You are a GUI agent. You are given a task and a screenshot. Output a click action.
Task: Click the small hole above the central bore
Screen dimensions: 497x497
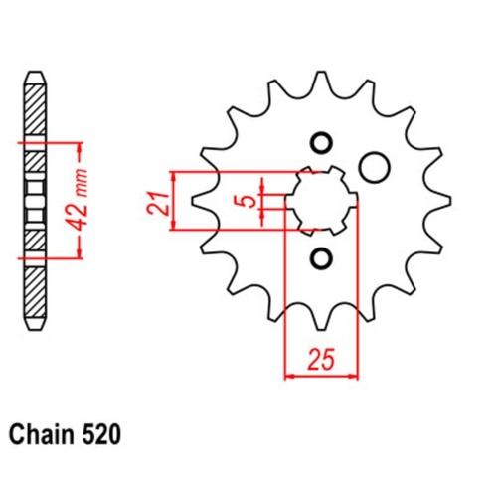(321, 139)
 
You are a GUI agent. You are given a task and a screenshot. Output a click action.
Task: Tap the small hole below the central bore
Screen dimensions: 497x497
(321, 260)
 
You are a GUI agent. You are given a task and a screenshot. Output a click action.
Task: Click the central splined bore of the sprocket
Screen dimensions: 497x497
(321, 200)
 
